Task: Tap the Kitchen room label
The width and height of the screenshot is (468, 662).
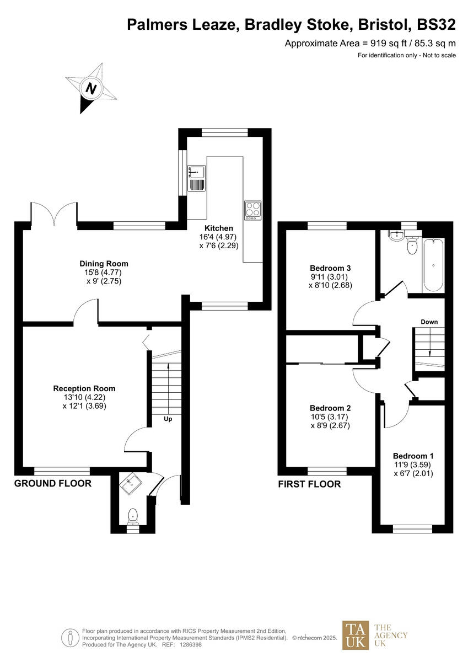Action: point(219,228)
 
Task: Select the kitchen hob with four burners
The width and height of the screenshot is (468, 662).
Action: point(253,210)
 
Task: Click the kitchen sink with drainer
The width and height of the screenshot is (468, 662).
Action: point(196,178)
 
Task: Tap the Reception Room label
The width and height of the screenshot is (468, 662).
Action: point(84,388)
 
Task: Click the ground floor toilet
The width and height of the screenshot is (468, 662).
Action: point(132,516)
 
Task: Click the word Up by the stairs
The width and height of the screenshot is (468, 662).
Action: point(168,419)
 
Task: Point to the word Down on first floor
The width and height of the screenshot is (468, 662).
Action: point(429,322)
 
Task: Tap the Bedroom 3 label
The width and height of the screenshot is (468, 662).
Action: point(331,268)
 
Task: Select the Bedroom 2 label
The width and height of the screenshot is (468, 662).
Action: point(330,408)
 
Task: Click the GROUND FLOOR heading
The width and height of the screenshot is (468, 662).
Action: point(52,484)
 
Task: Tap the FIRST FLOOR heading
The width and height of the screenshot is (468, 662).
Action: point(309,484)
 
